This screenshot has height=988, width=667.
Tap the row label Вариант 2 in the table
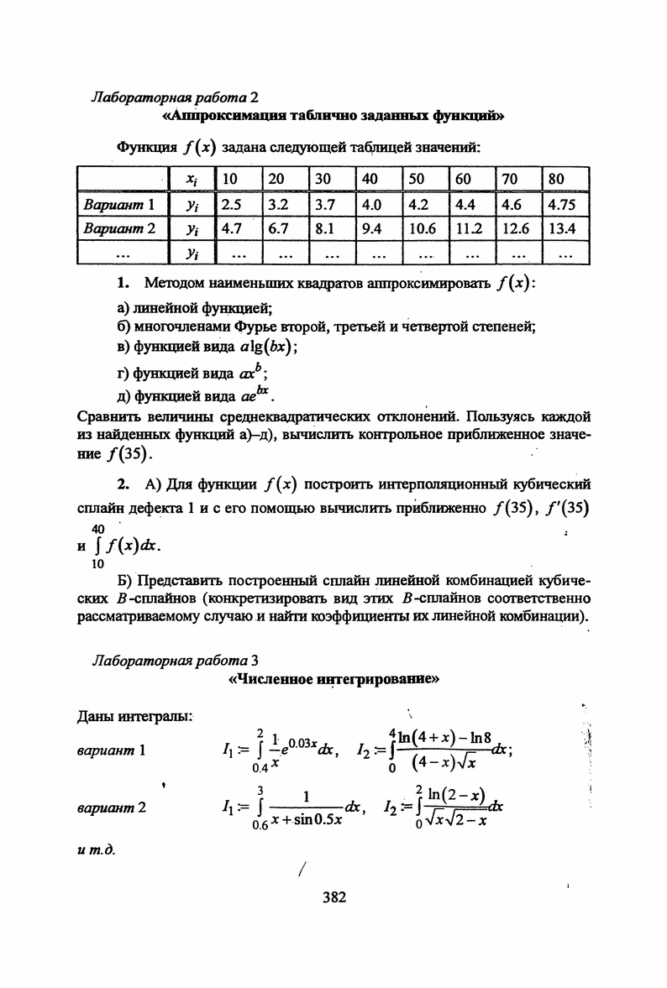121,227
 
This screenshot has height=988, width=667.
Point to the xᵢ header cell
191,179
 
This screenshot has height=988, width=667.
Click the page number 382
333,897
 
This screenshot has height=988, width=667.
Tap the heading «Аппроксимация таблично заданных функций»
332,114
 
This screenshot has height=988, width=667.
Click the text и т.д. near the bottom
94,849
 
